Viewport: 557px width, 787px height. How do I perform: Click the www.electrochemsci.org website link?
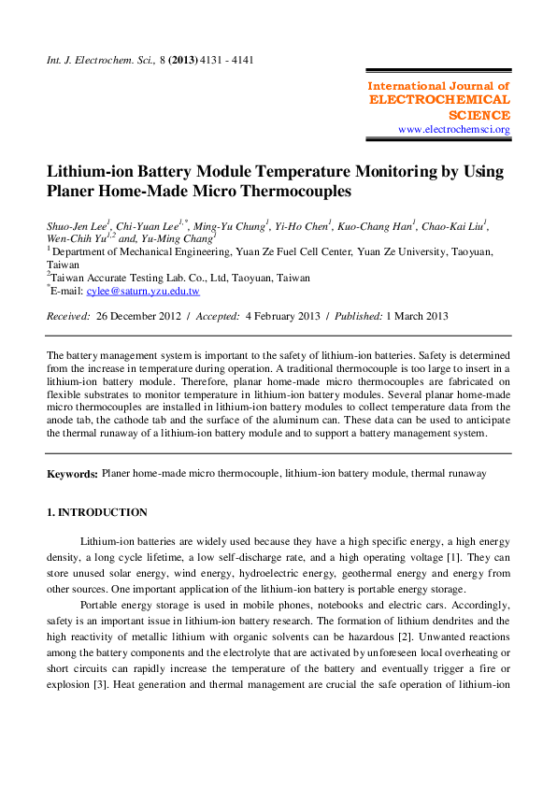[x=454, y=129]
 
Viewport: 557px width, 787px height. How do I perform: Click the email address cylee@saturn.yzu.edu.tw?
[x=143, y=291]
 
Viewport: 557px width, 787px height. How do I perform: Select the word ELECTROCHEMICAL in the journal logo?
[x=440, y=100]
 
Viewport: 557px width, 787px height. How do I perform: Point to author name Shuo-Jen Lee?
[x=77, y=226]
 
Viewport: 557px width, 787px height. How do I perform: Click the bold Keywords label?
[x=72, y=475]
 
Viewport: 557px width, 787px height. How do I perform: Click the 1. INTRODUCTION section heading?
[x=97, y=512]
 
